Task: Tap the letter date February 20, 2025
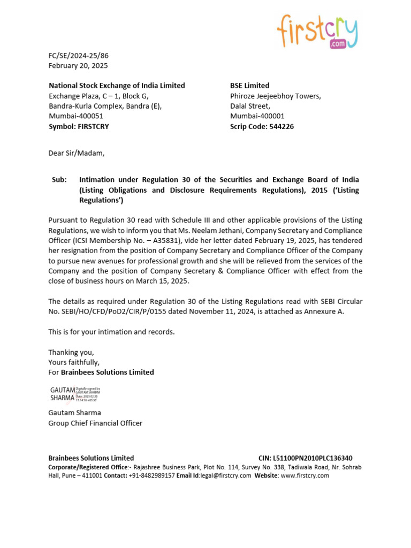(x=78, y=66)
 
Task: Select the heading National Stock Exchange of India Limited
(x=117, y=86)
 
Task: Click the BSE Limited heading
(x=249, y=86)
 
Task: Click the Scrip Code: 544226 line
(x=262, y=127)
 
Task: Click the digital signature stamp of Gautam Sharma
(x=74, y=394)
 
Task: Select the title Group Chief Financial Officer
(x=95, y=423)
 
